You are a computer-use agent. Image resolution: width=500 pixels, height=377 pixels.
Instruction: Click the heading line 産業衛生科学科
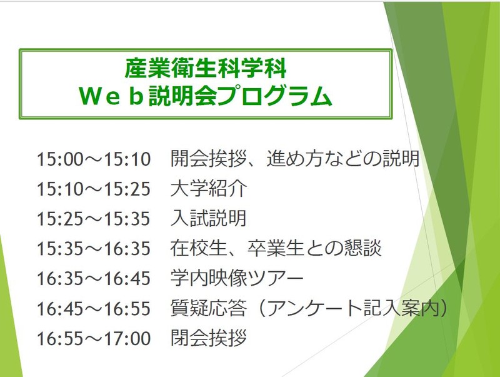click(205, 68)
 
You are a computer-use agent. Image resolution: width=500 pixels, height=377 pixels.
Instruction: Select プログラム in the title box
click(274, 96)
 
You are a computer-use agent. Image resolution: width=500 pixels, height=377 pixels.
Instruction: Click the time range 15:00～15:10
click(93, 159)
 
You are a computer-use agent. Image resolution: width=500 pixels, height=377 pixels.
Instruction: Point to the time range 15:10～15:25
click(93, 189)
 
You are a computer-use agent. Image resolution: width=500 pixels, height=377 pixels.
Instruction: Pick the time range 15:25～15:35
click(93, 219)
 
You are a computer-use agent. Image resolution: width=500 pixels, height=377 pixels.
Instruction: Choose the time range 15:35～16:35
click(93, 249)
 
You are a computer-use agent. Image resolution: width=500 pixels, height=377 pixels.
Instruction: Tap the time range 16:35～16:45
click(93, 278)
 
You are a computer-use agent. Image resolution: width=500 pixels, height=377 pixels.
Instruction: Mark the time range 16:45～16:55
click(93, 308)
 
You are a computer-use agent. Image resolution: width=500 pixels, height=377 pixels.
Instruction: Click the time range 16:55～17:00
click(93, 338)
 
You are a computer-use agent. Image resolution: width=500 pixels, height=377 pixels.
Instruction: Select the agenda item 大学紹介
click(209, 189)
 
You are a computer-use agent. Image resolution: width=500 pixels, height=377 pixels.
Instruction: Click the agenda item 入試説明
click(209, 218)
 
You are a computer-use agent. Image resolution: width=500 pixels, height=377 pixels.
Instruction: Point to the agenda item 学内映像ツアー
click(237, 278)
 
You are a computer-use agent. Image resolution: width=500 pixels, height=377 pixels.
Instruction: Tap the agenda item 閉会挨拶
click(209, 338)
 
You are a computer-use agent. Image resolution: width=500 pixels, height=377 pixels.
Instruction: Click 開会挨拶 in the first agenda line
click(209, 159)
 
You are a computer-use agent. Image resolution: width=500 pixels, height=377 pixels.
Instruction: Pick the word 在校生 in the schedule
click(199, 248)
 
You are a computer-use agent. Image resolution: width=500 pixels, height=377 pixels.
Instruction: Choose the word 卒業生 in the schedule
click(276, 248)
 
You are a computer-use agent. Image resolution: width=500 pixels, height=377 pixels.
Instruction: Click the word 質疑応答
click(209, 308)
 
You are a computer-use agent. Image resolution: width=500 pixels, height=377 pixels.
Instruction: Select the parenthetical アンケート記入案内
click(353, 308)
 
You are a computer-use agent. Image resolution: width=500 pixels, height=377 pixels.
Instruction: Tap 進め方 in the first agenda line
click(295, 159)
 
